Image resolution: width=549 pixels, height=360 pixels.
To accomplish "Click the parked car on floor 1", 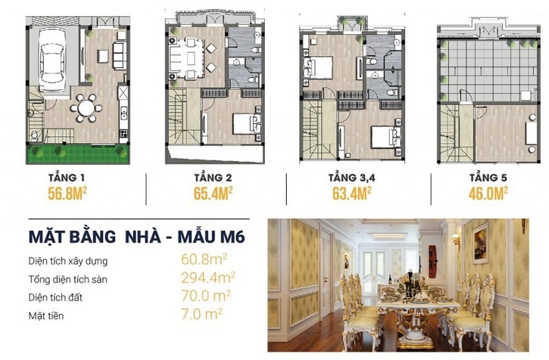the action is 52,60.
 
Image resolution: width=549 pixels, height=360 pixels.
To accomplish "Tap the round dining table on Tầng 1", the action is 86,108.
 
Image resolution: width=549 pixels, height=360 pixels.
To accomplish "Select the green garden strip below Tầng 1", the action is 78,154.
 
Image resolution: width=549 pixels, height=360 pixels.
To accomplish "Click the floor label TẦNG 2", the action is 213,177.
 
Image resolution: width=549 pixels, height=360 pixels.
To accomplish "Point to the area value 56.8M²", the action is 67,193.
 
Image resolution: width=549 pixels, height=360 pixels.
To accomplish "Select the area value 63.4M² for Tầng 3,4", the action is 352,193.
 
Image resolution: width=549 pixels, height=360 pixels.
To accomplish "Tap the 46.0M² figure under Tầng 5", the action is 489,193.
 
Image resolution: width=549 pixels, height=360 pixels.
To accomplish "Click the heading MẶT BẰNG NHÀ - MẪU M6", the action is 137,237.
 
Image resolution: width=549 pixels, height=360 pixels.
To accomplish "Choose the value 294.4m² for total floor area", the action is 208,278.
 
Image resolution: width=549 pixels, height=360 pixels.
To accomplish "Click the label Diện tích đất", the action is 56,298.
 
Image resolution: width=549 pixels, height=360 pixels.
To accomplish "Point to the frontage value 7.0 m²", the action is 202,314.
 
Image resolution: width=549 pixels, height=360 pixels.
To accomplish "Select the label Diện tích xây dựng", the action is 68,261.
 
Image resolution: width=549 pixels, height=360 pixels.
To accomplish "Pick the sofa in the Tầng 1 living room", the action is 119,56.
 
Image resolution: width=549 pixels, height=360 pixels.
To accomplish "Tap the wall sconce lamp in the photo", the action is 456,241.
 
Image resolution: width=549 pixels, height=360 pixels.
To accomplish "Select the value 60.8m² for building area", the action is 204,259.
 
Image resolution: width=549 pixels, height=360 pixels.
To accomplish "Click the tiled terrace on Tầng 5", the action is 489,70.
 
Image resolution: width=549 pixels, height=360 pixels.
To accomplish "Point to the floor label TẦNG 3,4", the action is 351,178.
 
